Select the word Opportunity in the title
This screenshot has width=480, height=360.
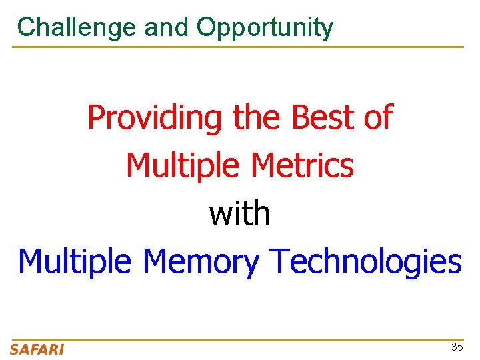pyautogui.click(x=265, y=27)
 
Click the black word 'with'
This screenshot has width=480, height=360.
pyautogui.click(x=240, y=213)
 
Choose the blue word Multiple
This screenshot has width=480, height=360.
pyautogui.click(x=76, y=262)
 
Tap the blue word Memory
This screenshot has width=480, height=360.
pyautogui.click(x=201, y=262)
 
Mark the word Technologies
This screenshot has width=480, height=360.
pyautogui.click(x=365, y=262)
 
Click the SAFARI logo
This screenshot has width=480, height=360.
pyautogui.click(x=37, y=349)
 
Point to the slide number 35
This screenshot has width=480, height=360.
pyautogui.click(x=457, y=347)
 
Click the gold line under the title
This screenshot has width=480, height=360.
pyautogui.click(x=240, y=47)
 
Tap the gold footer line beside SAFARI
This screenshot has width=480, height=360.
pyautogui.click(x=267, y=340)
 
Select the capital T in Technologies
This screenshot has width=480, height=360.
pyautogui.click(x=278, y=261)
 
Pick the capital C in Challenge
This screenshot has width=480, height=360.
pyautogui.click(x=26, y=27)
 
